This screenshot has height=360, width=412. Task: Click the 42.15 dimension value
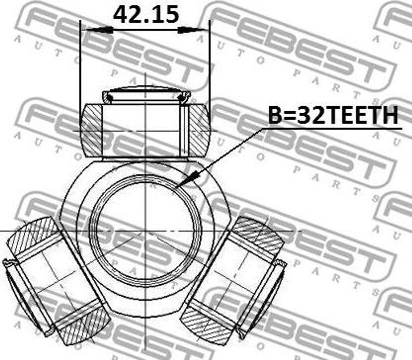click(x=146, y=14)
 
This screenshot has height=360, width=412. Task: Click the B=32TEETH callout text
click(x=333, y=115)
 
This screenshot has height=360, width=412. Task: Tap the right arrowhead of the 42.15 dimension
click(x=191, y=30)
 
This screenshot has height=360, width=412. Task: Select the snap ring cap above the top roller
click(x=146, y=95)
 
